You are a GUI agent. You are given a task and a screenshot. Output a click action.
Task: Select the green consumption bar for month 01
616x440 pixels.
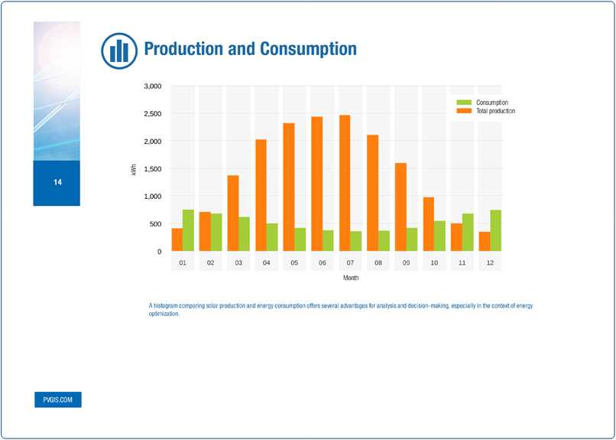point(188,230)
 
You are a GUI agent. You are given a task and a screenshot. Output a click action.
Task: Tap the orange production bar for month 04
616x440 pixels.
point(261,195)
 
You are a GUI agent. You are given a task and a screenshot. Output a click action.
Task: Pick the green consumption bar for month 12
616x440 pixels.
point(495,230)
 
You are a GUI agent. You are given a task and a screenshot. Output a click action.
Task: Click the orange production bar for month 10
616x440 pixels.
point(429,224)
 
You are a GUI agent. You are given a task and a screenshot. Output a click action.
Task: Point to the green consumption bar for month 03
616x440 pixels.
point(244,233)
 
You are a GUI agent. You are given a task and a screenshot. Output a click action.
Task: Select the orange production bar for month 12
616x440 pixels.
point(485,241)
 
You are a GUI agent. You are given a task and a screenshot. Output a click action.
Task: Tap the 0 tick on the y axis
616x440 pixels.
point(159,252)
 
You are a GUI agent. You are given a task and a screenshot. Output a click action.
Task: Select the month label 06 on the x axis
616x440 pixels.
point(323,263)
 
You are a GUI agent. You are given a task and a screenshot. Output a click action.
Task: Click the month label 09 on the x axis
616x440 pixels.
point(407,263)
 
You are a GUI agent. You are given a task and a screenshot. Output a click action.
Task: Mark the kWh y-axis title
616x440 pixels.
point(135,169)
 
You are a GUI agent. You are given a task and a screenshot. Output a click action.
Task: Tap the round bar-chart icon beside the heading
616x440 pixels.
point(118,50)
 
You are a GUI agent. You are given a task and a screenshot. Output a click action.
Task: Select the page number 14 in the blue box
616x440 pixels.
point(57,183)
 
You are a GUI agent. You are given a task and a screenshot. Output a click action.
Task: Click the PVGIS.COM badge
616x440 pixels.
point(57,399)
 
